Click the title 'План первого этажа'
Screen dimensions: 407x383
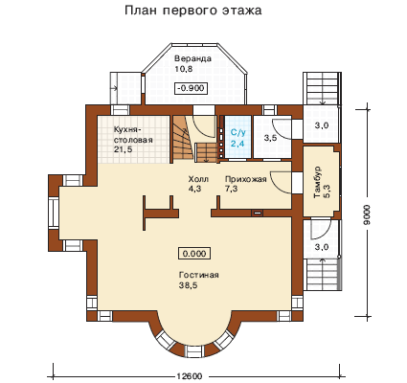tap(193, 11)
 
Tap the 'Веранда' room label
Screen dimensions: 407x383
tap(192, 58)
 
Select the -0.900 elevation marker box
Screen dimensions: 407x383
tap(192, 88)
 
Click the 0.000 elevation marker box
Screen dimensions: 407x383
tap(194, 254)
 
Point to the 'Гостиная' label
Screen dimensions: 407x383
tap(199, 275)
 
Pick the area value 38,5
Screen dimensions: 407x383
tap(189, 285)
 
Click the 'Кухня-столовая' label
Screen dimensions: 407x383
tap(133, 135)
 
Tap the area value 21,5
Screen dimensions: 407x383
tap(123, 149)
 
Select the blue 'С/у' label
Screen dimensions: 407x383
tap(237, 132)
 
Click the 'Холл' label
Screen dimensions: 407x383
tap(198, 179)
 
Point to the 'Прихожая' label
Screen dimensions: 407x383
tap(245, 179)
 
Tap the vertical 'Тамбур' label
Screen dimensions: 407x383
tap(318, 182)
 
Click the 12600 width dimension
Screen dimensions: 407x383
tap(189, 376)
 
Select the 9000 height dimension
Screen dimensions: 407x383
tap(367, 214)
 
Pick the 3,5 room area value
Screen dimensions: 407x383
tap(270, 139)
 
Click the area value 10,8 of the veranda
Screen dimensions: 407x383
tap(184, 69)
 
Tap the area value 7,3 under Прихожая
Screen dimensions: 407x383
tap(231, 189)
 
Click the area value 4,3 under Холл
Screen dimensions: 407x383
tap(194, 189)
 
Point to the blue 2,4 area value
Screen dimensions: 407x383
tap(237, 144)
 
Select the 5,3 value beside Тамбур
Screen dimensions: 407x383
tap(328, 191)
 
